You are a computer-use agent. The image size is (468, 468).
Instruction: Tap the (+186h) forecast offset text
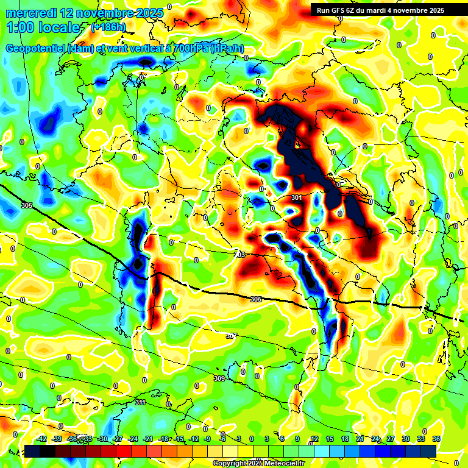108,27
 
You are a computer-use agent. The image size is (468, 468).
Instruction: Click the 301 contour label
297,197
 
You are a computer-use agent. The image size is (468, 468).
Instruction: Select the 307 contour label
231,336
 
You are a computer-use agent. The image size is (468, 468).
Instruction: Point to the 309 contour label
219,379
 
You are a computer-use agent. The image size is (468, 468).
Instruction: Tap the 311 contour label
140,402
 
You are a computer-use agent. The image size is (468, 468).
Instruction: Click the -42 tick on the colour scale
42,439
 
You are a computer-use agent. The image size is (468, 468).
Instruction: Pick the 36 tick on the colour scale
436,439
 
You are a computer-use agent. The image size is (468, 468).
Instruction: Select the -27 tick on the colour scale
118,439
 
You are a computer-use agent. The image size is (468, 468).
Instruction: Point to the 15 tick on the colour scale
330,439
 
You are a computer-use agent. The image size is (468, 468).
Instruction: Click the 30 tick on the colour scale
405,439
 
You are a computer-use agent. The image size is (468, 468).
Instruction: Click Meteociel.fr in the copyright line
282,464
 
